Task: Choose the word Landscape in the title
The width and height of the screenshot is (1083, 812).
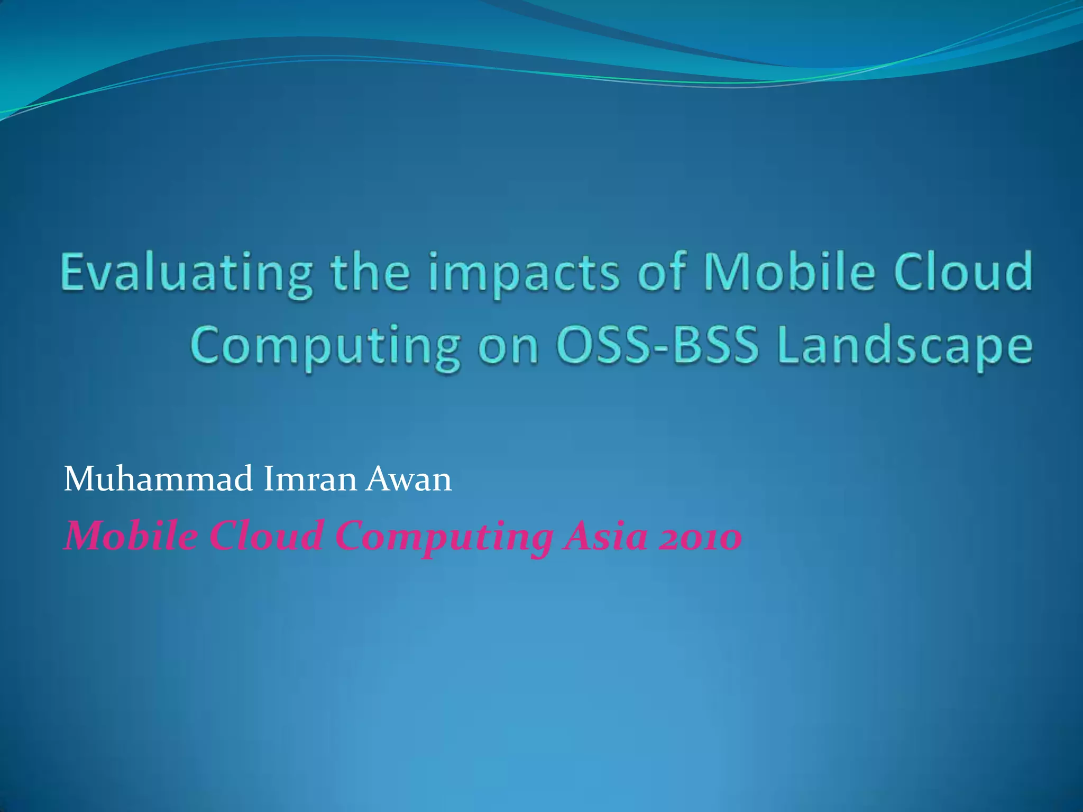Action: pos(904,347)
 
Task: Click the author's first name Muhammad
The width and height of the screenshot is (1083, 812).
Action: pos(158,479)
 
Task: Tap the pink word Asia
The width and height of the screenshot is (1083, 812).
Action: pos(605,536)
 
